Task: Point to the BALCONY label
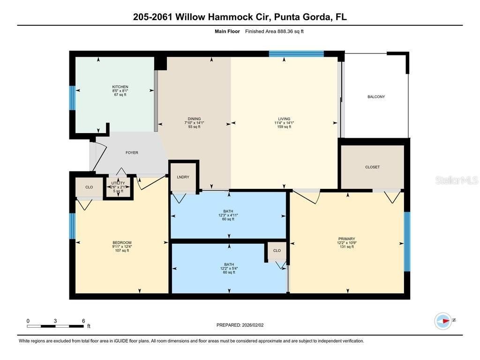point(376,97)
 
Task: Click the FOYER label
point(132,153)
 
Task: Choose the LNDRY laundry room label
point(183,177)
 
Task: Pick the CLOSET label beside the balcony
point(372,167)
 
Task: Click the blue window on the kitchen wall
point(72,97)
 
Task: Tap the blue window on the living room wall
point(296,54)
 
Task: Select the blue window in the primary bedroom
point(407,241)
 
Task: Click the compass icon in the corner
point(443,321)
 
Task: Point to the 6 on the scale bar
point(83,321)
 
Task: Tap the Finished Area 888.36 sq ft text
point(274,31)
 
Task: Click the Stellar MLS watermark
point(456,180)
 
